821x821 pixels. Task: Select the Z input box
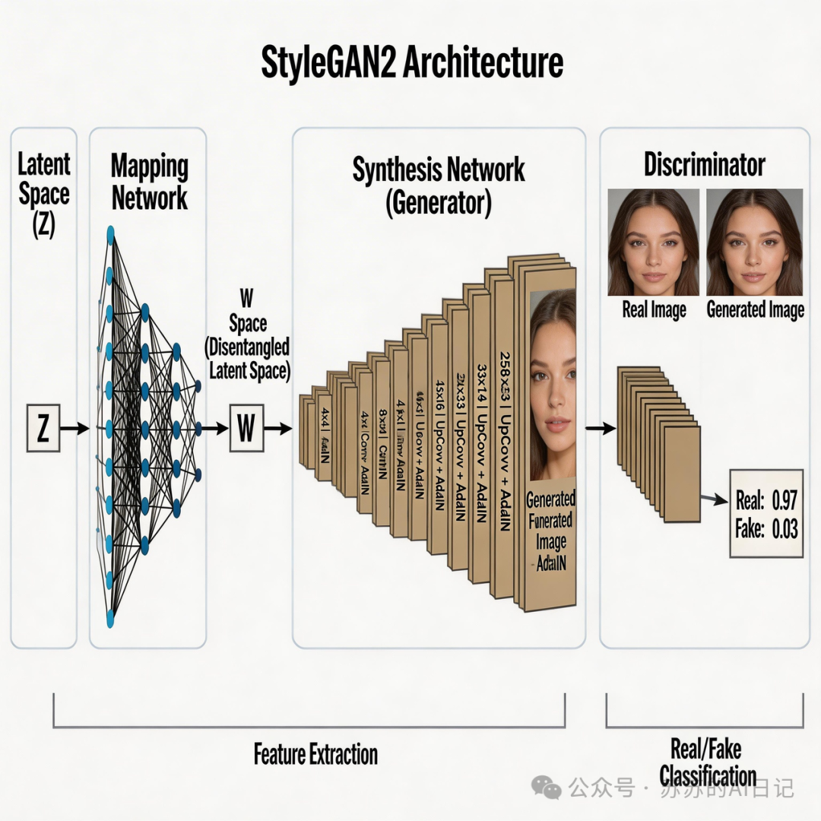(x=43, y=430)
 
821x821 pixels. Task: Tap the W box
(x=246, y=429)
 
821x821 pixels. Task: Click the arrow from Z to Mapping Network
(x=74, y=430)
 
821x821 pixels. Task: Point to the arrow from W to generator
(x=277, y=429)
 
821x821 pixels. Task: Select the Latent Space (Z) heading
(x=43, y=195)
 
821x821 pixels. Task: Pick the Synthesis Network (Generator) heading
(x=439, y=185)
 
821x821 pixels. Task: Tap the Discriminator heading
(x=705, y=164)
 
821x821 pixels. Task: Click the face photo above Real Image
(x=653, y=242)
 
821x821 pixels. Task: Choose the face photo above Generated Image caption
(x=754, y=242)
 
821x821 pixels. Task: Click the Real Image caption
(x=654, y=310)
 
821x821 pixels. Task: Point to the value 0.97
(x=784, y=501)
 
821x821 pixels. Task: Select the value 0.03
(x=784, y=529)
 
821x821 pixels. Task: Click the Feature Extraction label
(x=315, y=754)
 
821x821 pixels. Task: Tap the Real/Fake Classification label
(x=707, y=762)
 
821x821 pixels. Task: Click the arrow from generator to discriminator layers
(x=600, y=429)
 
